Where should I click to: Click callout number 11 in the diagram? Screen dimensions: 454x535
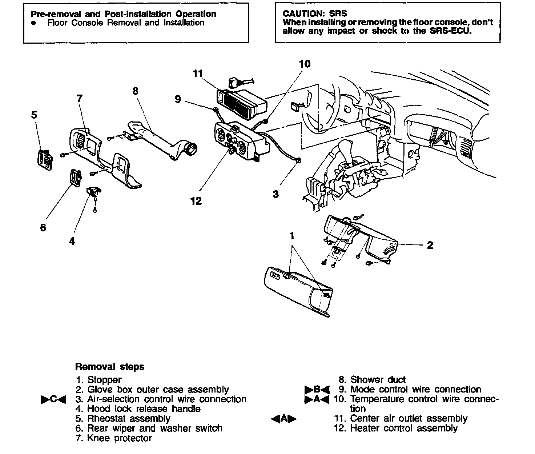tap(197, 74)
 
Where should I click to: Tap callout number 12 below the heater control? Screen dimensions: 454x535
tap(196, 201)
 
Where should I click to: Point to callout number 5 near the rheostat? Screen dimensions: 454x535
tap(34, 115)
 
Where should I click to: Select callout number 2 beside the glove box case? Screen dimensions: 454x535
tap(430, 246)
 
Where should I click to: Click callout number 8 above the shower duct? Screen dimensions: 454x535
tap(136, 91)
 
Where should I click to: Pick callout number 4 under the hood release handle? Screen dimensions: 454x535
tap(72, 241)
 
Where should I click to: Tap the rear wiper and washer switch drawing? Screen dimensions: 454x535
tap(75, 178)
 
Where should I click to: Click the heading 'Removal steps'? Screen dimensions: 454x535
tap(109, 367)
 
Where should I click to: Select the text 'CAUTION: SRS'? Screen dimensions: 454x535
tap(315, 14)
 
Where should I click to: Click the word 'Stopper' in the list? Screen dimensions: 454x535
tap(104, 380)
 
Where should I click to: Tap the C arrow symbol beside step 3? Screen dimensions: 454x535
tap(53, 399)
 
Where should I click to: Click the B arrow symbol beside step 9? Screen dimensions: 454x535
tap(316, 390)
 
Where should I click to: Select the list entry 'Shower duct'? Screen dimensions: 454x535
tap(378, 380)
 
